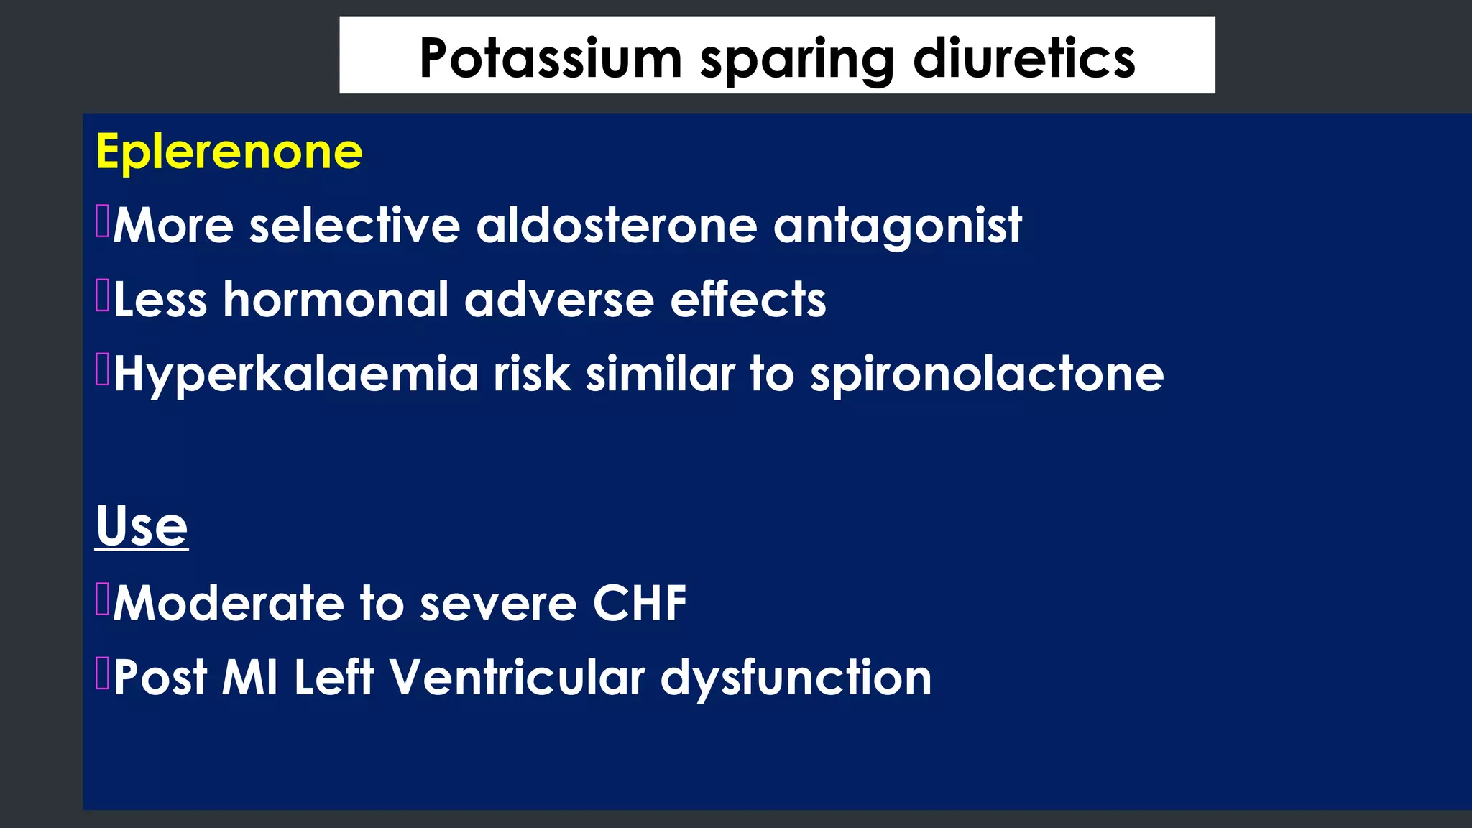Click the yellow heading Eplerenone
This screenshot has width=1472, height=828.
229,152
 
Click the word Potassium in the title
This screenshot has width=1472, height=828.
550,58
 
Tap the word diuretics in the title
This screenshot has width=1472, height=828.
1023,58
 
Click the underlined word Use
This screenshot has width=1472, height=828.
142,526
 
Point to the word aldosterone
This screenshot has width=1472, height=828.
616,226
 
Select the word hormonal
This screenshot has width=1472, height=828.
336,300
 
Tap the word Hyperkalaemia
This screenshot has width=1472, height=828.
295,375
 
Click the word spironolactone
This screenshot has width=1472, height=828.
986,375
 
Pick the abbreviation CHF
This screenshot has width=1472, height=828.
639,603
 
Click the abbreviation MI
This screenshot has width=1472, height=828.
249,678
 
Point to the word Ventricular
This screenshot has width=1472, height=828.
517,678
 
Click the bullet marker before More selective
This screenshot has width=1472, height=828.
102,221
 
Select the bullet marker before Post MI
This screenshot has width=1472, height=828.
102,673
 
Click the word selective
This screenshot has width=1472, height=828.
354,226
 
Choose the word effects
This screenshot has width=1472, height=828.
747,300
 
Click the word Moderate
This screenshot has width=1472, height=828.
229,603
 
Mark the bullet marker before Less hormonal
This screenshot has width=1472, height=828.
102,295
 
